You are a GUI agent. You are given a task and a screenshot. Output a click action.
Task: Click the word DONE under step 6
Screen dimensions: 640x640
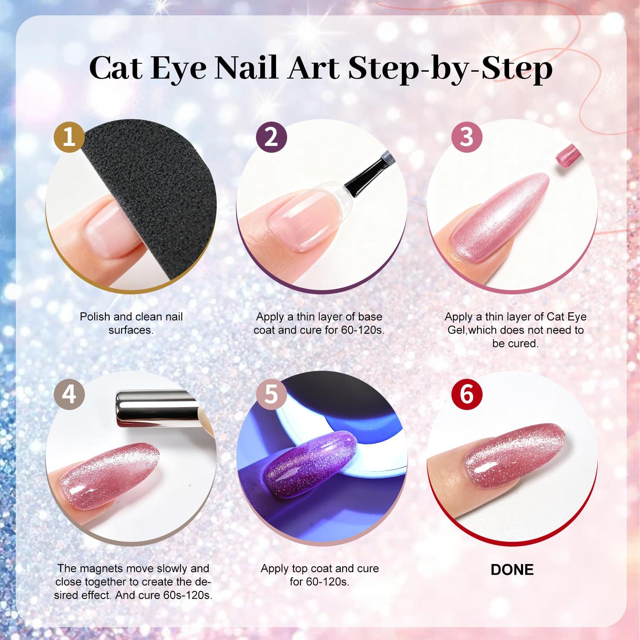[x=512, y=570]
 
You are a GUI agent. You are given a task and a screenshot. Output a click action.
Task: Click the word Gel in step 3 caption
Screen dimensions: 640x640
[x=457, y=330]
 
